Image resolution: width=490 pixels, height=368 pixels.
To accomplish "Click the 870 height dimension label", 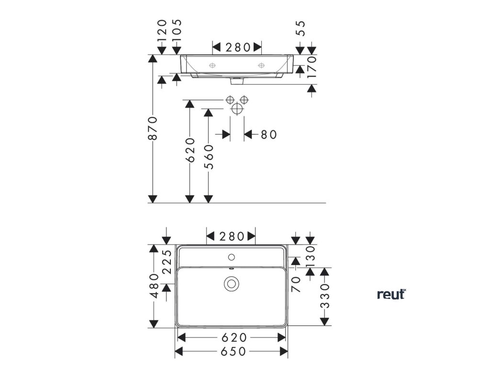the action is [x=153, y=128].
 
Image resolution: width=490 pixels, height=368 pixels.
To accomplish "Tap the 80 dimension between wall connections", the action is [x=269, y=135].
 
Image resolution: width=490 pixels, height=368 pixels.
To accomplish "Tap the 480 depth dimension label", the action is [x=154, y=286].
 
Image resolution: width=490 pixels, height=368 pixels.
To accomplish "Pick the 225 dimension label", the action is [x=167, y=262].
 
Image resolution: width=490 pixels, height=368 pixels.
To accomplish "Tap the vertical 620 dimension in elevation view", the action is [x=190, y=150].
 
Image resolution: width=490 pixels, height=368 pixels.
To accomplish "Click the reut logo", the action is [x=391, y=294].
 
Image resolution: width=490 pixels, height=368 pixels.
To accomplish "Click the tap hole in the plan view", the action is [x=232, y=255].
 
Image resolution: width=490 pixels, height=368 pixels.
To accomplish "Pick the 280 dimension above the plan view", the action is [x=232, y=236].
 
